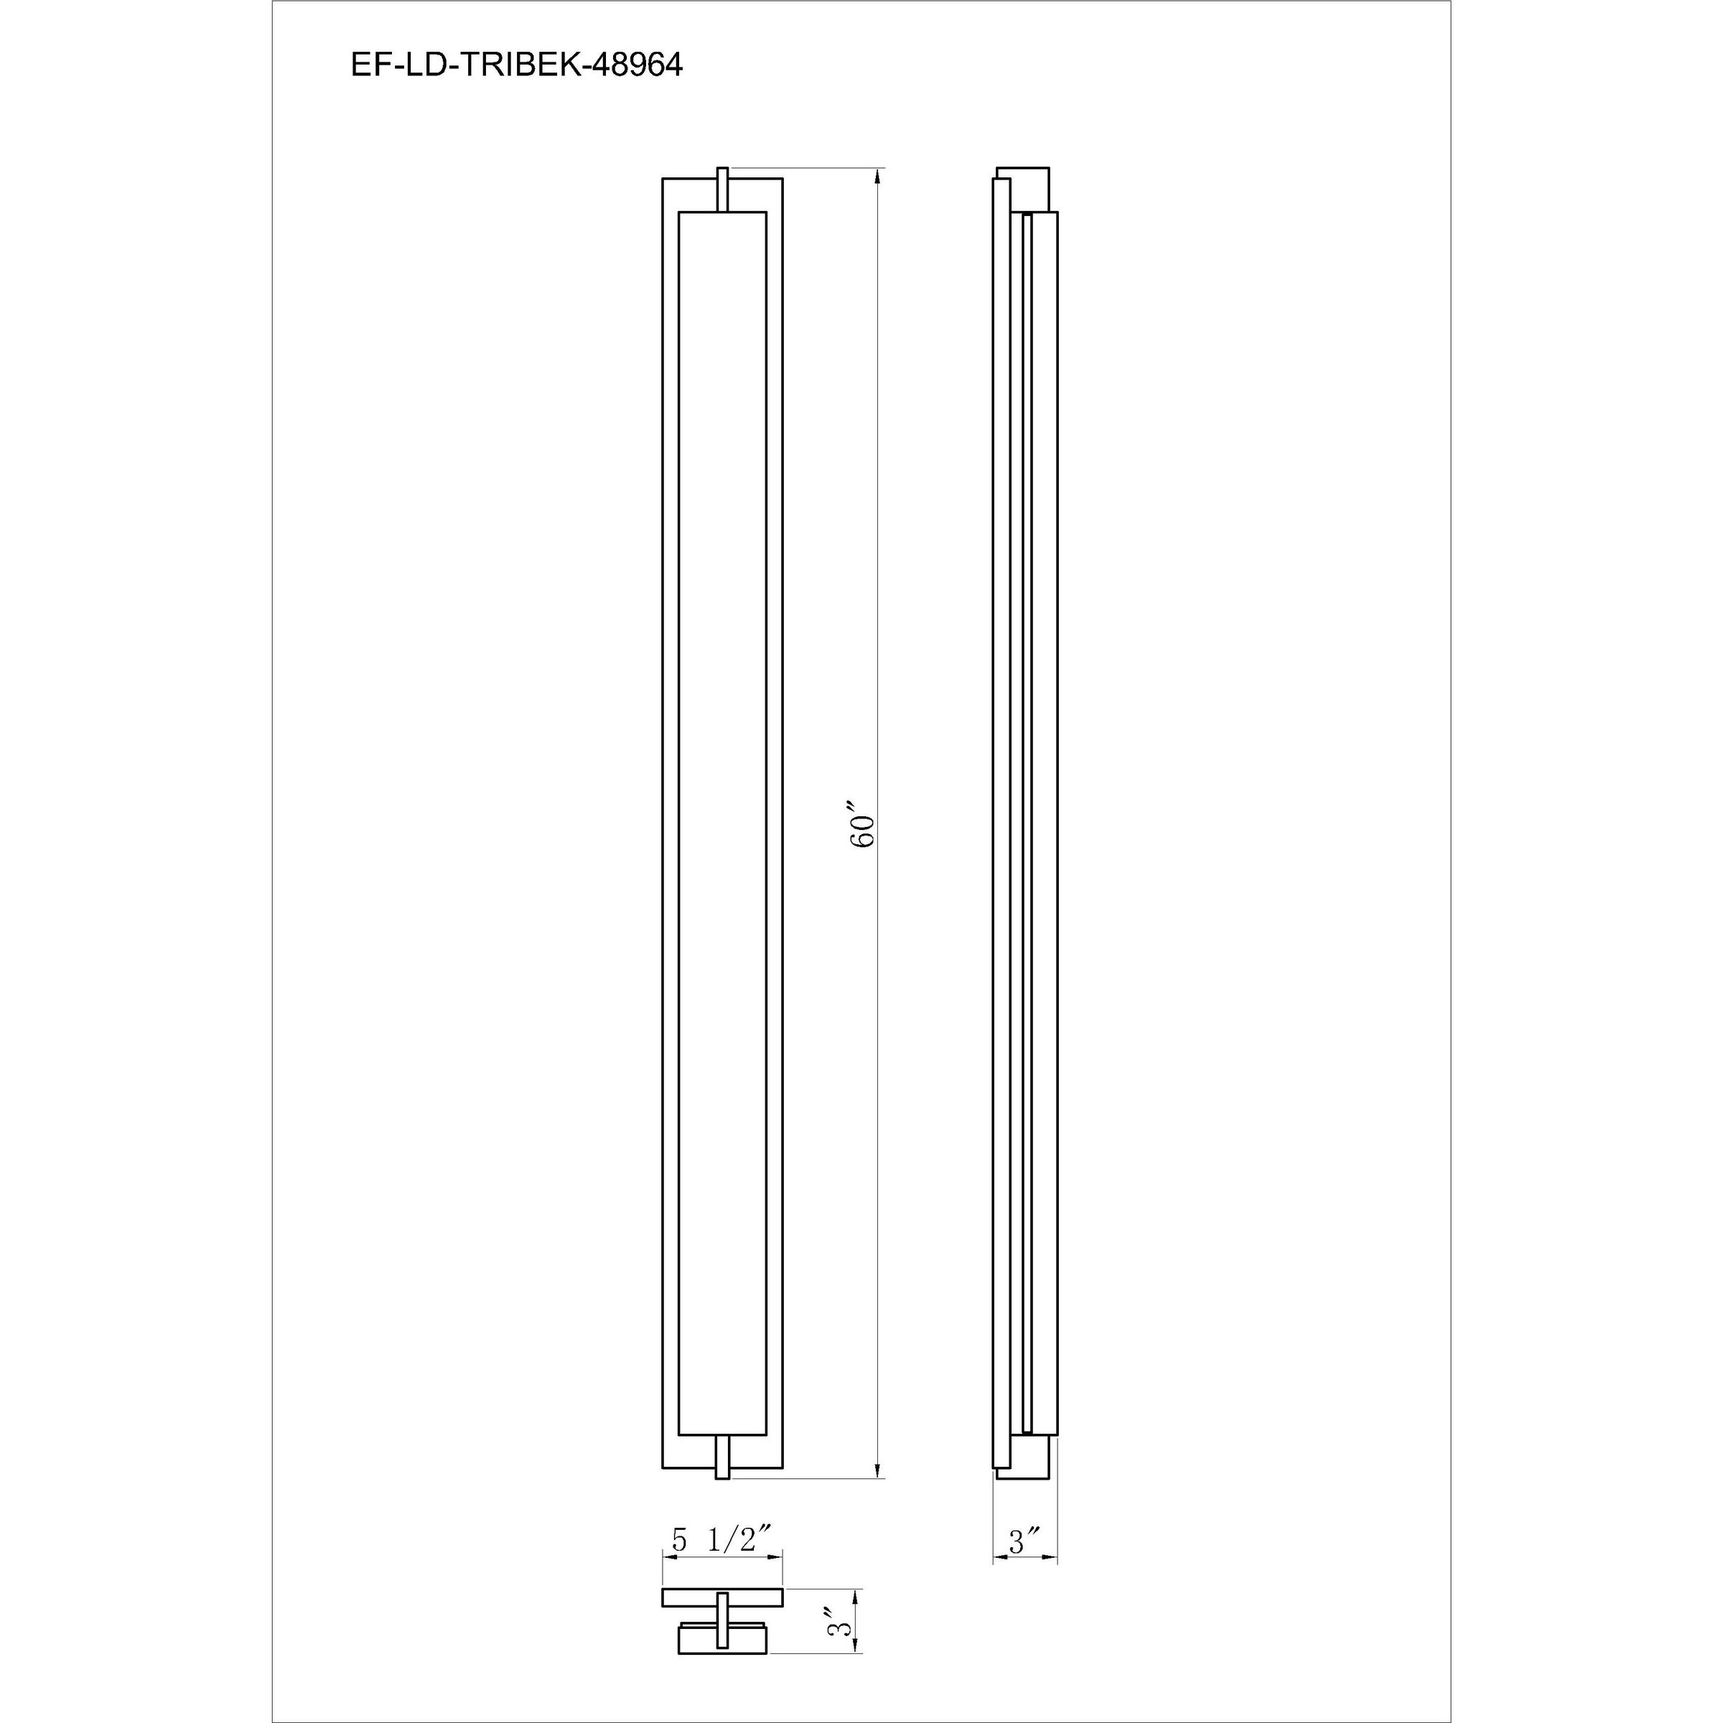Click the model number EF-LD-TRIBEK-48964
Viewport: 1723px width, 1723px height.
pos(516,66)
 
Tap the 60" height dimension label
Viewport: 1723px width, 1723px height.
pos(863,829)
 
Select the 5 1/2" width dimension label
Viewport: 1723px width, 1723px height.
pos(721,1540)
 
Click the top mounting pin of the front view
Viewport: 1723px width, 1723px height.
pos(722,190)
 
